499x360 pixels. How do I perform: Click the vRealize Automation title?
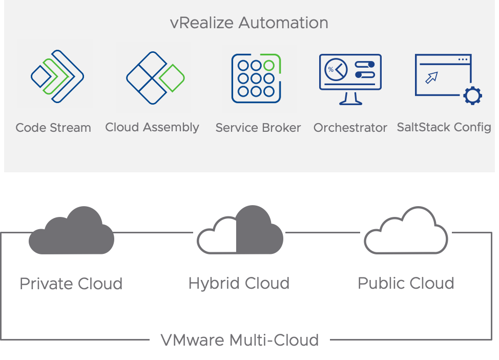[249, 23]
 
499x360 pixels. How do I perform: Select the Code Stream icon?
[57, 76]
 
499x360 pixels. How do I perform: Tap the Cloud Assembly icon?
[155, 78]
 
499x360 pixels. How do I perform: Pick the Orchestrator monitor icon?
[350, 78]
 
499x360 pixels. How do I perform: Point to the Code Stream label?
[53, 128]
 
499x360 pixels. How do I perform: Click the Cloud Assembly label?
[152, 127]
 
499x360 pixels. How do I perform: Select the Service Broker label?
[258, 128]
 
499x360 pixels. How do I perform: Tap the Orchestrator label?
[350, 128]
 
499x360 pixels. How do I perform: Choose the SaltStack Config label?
[444, 127]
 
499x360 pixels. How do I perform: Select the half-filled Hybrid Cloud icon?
[240, 230]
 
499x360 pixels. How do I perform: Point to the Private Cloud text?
[71, 284]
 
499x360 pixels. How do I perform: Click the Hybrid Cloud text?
[239, 283]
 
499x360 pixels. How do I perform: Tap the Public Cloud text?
[406, 283]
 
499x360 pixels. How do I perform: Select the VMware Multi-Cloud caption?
[240, 340]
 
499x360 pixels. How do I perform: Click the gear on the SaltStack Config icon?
[472, 96]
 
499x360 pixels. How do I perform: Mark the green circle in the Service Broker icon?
[268, 65]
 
